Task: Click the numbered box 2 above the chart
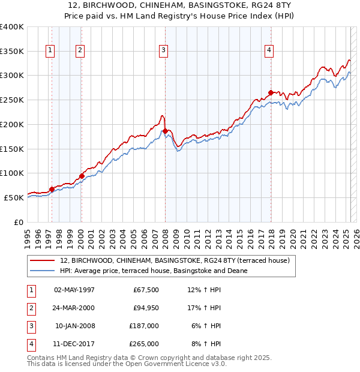pos(79,50)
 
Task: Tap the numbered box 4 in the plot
pos(269,50)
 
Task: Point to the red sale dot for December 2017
pos(271,92)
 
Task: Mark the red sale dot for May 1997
pos(52,189)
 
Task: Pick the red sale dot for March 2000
pos(82,176)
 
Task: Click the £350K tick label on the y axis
pos(12,52)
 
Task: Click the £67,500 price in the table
pos(146,290)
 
